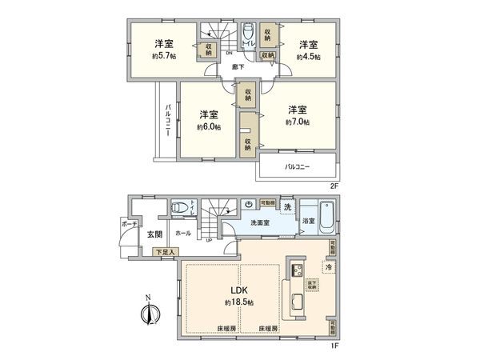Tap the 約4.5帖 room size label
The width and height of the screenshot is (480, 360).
308,58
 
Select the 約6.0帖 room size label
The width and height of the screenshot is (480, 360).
210,126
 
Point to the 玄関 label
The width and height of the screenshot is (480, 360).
154,234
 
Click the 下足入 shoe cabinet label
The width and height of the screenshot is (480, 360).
166,252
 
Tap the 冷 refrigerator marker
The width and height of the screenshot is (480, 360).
328,266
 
